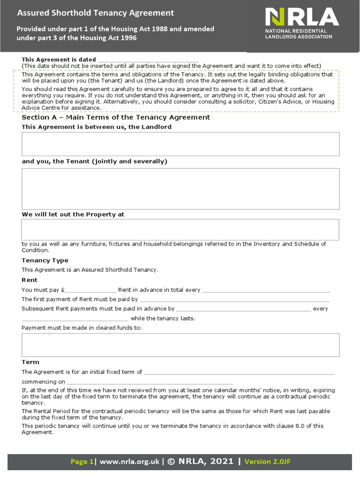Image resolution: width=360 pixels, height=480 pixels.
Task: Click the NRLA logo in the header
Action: click(x=301, y=23)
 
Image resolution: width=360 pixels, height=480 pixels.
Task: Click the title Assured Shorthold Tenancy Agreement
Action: click(x=95, y=13)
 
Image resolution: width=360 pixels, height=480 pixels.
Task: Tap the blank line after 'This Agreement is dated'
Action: click(x=148, y=60)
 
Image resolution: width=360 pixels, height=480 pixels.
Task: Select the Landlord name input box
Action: click(x=180, y=144)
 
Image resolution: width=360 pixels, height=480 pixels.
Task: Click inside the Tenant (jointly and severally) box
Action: click(x=180, y=188)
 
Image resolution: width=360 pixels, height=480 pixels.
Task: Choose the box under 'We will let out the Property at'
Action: click(x=180, y=229)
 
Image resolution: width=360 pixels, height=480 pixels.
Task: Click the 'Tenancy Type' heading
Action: click(x=45, y=260)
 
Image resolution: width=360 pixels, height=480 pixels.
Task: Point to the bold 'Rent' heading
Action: click(x=30, y=280)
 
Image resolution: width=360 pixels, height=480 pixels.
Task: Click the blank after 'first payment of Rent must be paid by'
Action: click(x=234, y=300)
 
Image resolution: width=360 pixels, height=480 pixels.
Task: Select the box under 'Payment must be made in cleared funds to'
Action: click(x=180, y=345)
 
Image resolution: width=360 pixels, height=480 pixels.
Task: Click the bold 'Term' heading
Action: click(x=30, y=362)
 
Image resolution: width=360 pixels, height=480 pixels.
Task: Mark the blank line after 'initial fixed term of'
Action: click(x=239, y=372)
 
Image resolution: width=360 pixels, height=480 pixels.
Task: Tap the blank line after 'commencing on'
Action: click(x=150, y=382)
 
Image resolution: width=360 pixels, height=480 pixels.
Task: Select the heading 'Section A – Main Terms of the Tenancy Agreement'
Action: click(x=116, y=117)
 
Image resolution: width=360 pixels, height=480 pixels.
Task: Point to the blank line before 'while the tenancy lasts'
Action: click(x=75, y=319)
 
